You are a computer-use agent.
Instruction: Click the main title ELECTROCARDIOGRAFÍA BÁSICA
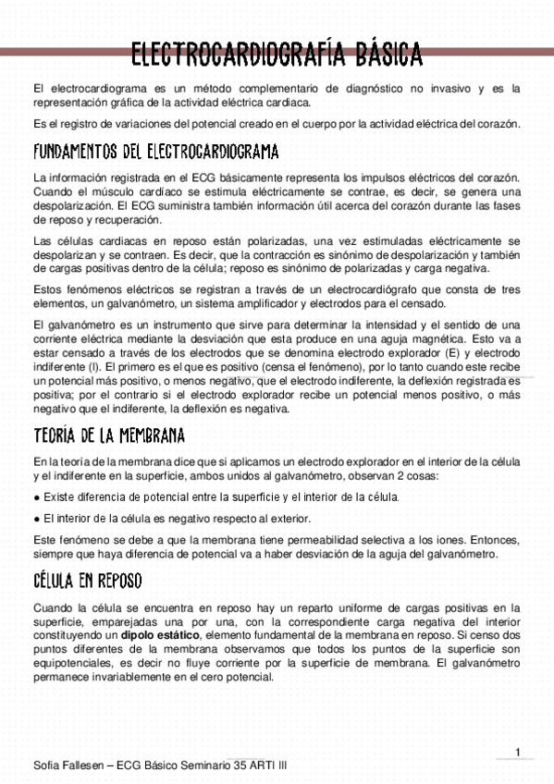(277, 55)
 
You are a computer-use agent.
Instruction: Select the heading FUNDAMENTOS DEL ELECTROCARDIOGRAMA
(155, 152)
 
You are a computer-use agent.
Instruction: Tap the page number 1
(519, 751)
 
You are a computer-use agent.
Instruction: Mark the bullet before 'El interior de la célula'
(35, 518)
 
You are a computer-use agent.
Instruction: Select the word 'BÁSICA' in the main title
(382, 55)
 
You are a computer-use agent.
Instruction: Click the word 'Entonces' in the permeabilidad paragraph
(493, 538)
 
